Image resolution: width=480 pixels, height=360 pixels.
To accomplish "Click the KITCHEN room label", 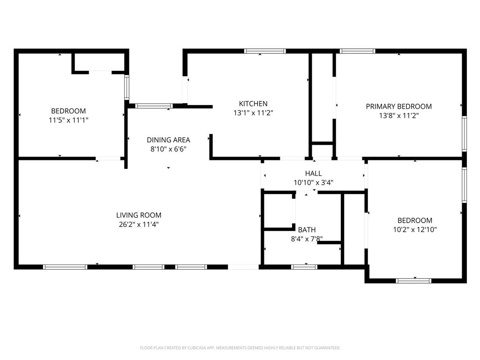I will click(253, 104).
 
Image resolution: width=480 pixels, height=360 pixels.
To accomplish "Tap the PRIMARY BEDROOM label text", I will click(398, 106).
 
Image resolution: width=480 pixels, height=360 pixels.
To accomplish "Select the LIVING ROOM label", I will click(139, 215).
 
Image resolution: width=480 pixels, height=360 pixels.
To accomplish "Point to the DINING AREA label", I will click(168, 140).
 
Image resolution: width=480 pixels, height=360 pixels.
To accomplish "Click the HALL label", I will click(313, 173).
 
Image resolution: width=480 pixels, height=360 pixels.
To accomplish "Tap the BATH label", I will click(307, 230).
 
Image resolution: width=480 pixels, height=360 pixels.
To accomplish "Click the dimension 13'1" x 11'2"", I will click(253, 113).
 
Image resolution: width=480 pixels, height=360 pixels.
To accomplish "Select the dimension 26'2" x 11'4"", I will click(139, 225).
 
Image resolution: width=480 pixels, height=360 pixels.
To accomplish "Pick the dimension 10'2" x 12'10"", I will click(415, 230).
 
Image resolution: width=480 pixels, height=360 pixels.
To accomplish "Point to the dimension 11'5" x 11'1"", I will click(68, 120).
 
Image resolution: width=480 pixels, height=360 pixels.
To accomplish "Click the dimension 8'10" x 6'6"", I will click(168, 149).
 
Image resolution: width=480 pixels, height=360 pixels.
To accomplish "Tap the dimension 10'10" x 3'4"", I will click(313, 183).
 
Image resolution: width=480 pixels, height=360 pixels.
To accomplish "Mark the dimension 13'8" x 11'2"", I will click(398, 116).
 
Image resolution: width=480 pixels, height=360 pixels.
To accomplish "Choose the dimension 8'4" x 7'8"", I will click(307, 239).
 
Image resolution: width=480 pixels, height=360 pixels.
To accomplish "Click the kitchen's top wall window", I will click(265, 51).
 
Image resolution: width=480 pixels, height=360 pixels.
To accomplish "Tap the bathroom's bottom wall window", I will click(304, 267).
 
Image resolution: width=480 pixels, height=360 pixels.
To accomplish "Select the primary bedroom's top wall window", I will click(357, 51).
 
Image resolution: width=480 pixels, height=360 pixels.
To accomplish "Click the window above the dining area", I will click(154, 106).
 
